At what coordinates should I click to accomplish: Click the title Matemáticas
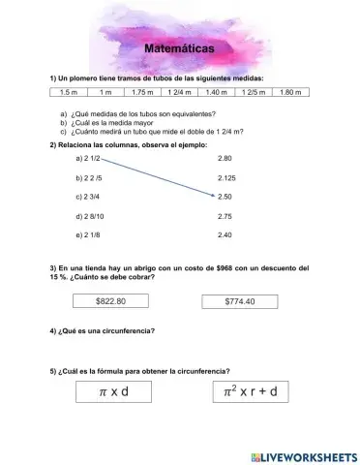pos(179,47)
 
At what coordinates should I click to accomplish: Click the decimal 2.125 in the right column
pos(227,178)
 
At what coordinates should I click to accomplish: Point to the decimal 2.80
pos(225,157)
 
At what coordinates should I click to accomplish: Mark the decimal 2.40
pos(225,234)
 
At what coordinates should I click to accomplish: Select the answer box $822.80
pos(110,301)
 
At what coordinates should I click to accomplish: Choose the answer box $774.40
pos(239,301)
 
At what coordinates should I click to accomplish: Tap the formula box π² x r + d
pos(250,392)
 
